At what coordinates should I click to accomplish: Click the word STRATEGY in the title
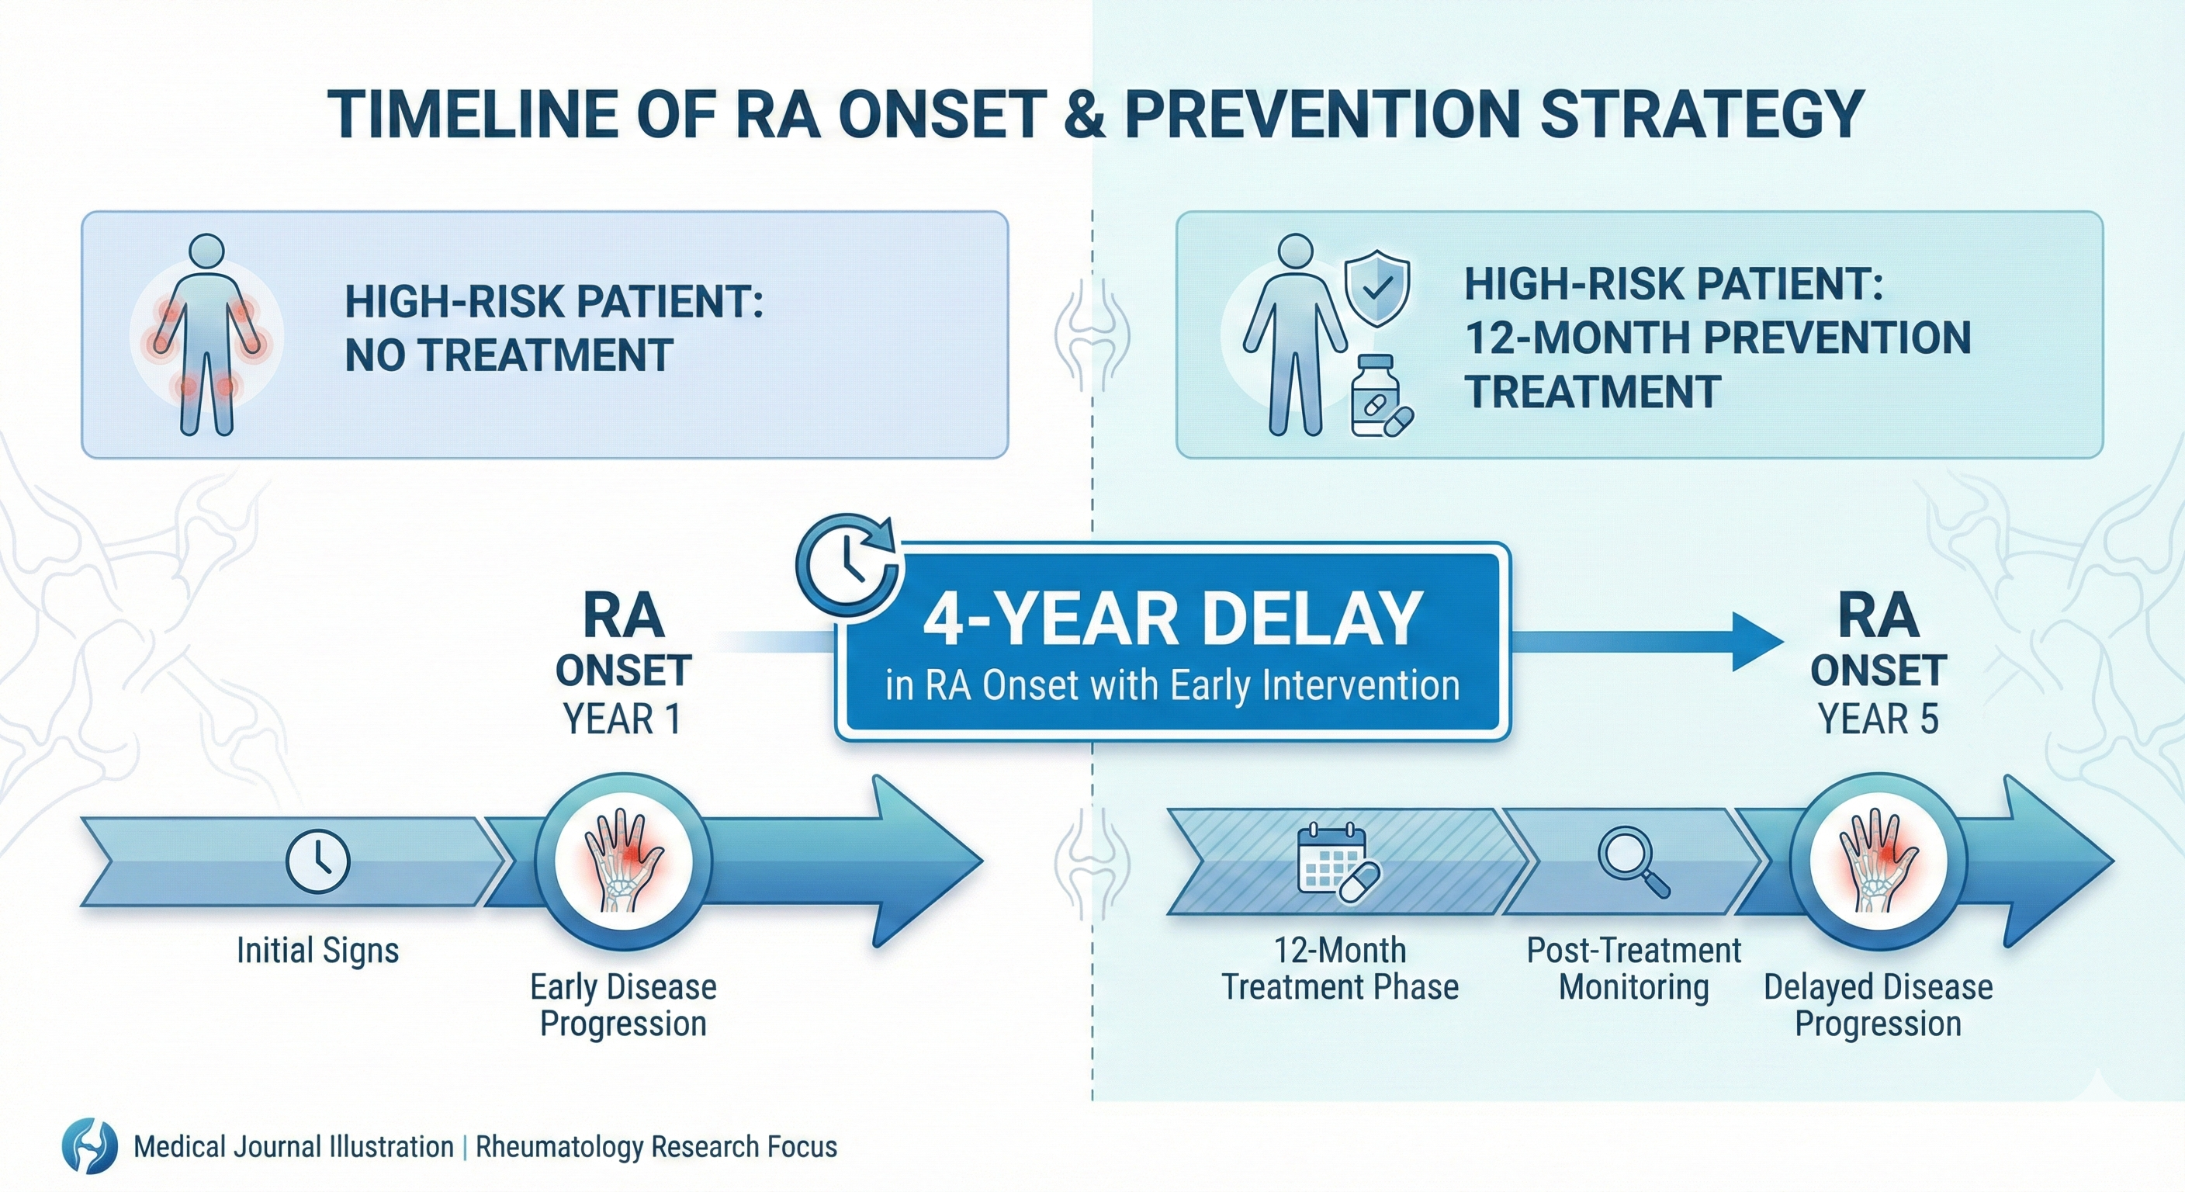[1701, 115]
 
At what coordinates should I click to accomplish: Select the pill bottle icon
[1376, 397]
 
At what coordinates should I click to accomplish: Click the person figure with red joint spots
[206, 334]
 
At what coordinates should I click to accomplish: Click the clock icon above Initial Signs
[318, 862]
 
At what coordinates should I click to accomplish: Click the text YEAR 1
[622, 719]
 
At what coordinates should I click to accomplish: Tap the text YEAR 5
[1878, 719]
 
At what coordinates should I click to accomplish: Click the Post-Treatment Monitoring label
[1633, 968]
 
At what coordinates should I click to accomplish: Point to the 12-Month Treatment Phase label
[1340, 968]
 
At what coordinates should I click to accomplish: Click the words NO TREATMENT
[509, 355]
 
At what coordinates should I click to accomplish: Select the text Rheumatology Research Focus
[656, 1147]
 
